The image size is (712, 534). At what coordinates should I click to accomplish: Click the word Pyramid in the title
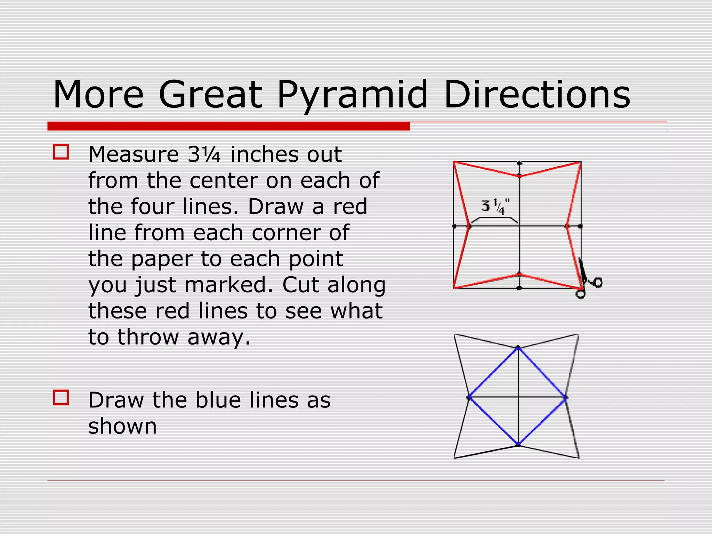coord(352,95)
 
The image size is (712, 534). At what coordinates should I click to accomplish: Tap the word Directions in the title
coord(537,95)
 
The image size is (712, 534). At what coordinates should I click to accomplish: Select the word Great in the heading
coord(210,95)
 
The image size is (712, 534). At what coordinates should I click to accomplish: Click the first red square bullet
coord(61,152)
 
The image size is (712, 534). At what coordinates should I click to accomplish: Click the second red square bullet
coord(61,398)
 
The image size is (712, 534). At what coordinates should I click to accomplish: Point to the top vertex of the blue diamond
coord(518,348)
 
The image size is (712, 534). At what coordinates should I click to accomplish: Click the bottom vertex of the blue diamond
coord(518,444)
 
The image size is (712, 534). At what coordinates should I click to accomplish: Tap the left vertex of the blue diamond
coord(469,397)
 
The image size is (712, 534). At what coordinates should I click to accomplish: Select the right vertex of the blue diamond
coord(566,397)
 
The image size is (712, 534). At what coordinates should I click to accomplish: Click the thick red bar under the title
coord(228,126)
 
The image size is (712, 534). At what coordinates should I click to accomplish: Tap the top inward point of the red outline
coord(519,176)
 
